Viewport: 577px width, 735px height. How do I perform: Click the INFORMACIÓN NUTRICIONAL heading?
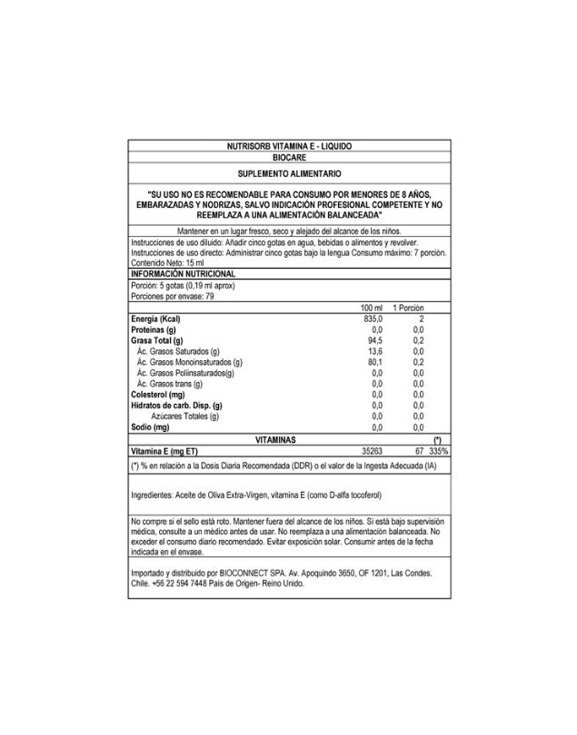click(184, 273)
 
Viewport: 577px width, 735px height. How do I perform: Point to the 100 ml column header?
click(373, 309)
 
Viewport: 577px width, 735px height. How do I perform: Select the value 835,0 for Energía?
click(374, 320)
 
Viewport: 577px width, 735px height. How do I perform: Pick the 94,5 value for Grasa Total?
click(376, 341)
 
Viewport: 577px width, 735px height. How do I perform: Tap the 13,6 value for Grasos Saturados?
click(376, 352)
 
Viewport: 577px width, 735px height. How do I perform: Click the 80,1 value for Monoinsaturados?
click(376, 363)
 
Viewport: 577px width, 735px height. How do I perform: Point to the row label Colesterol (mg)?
click(160, 395)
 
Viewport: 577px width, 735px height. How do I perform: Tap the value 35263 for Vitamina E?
click(373, 450)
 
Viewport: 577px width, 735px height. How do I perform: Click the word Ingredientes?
click(152, 497)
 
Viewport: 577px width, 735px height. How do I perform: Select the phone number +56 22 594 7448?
click(178, 584)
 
